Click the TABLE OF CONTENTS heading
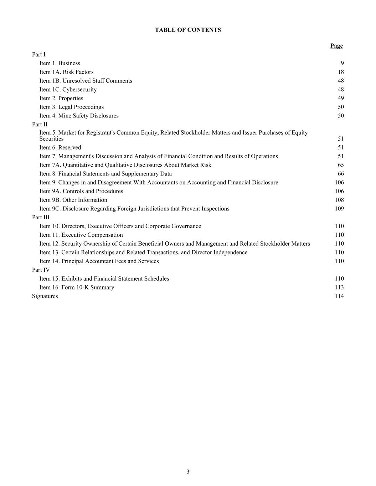click(x=188, y=30)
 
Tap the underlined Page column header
click(x=336, y=46)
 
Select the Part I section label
click(x=38, y=54)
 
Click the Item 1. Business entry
click(x=60, y=63)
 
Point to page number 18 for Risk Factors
click(x=341, y=72)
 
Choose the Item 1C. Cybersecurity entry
click(x=68, y=89)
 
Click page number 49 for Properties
click(x=341, y=98)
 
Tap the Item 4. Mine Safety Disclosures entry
click(x=79, y=116)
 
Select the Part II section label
click(x=40, y=124)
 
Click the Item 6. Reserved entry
click(x=60, y=147)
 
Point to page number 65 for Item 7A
click(x=341, y=165)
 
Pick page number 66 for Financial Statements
click(x=341, y=174)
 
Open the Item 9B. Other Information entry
click(x=73, y=200)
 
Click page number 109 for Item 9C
click(x=339, y=209)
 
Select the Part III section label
click(x=41, y=218)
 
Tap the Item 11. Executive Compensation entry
click(x=81, y=235)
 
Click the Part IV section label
click(x=41, y=270)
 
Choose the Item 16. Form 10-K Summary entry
click(x=77, y=287)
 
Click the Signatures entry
click(x=45, y=296)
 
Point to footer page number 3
click(x=188, y=472)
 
